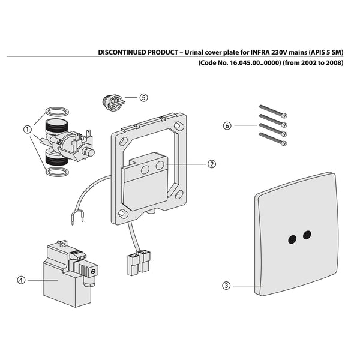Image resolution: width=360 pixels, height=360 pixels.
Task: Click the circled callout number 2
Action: click(212, 163)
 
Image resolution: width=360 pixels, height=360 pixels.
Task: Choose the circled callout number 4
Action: click(22, 279)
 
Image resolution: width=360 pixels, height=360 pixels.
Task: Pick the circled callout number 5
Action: click(144, 97)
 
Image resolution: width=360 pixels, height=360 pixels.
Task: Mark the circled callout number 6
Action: click(226, 125)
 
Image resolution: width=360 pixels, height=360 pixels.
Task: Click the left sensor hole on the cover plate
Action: click(292, 239)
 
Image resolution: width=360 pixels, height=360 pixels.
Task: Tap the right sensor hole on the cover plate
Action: click(307, 234)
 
